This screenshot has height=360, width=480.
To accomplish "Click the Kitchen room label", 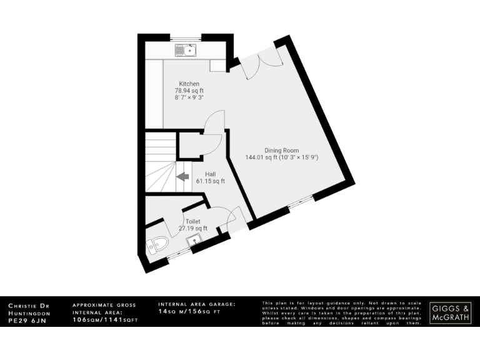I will click(x=189, y=84).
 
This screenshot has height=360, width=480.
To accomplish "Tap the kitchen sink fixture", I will click(x=186, y=49).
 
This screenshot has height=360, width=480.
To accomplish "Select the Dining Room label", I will click(x=281, y=150).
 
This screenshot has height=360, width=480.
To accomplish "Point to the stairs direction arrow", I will click(x=184, y=177).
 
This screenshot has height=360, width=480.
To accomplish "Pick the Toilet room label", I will click(x=192, y=222).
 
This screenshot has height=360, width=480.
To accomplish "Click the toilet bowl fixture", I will click(x=156, y=245).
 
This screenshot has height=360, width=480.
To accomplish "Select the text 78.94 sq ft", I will click(x=189, y=91).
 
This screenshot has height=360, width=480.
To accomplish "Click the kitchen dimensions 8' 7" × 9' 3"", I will click(x=189, y=97).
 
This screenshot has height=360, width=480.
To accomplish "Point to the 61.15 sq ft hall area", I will click(x=211, y=181).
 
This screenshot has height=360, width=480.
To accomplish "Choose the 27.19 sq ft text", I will click(x=192, y=229).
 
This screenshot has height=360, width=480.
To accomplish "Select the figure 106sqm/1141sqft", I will click(x=105, y=319).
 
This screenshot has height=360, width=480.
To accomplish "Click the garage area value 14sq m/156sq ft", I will click(x=189, y=311).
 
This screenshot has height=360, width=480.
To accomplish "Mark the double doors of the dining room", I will click(x=261, y=66).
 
